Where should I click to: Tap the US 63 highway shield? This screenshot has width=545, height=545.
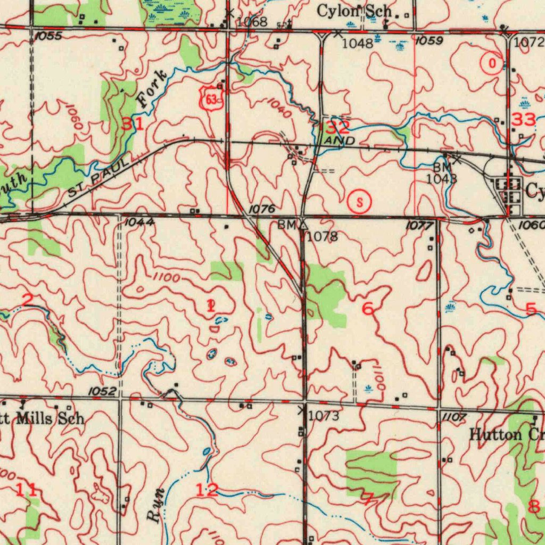[211, 98]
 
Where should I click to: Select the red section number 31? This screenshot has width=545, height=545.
[132, 125]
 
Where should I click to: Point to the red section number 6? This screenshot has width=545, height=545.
[367, 308]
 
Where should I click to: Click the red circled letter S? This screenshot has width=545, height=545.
[360, 202]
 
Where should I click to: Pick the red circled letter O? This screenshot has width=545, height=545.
[491, 64]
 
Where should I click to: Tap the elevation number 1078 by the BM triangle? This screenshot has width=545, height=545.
[323, 236]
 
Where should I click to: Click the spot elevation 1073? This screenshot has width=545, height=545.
[324, 416]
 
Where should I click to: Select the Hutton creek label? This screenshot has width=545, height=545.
[506, 435]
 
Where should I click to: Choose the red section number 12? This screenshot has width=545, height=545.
[207, 490]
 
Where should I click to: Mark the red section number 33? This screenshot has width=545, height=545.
[523, 120]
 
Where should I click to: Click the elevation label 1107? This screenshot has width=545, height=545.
[453, 417]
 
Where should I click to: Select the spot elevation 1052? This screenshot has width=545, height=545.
[102, 391]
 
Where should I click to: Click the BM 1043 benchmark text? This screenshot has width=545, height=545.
[441, 174]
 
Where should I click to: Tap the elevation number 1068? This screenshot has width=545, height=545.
[252, 22]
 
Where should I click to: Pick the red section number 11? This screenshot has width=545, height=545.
[26, 490]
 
